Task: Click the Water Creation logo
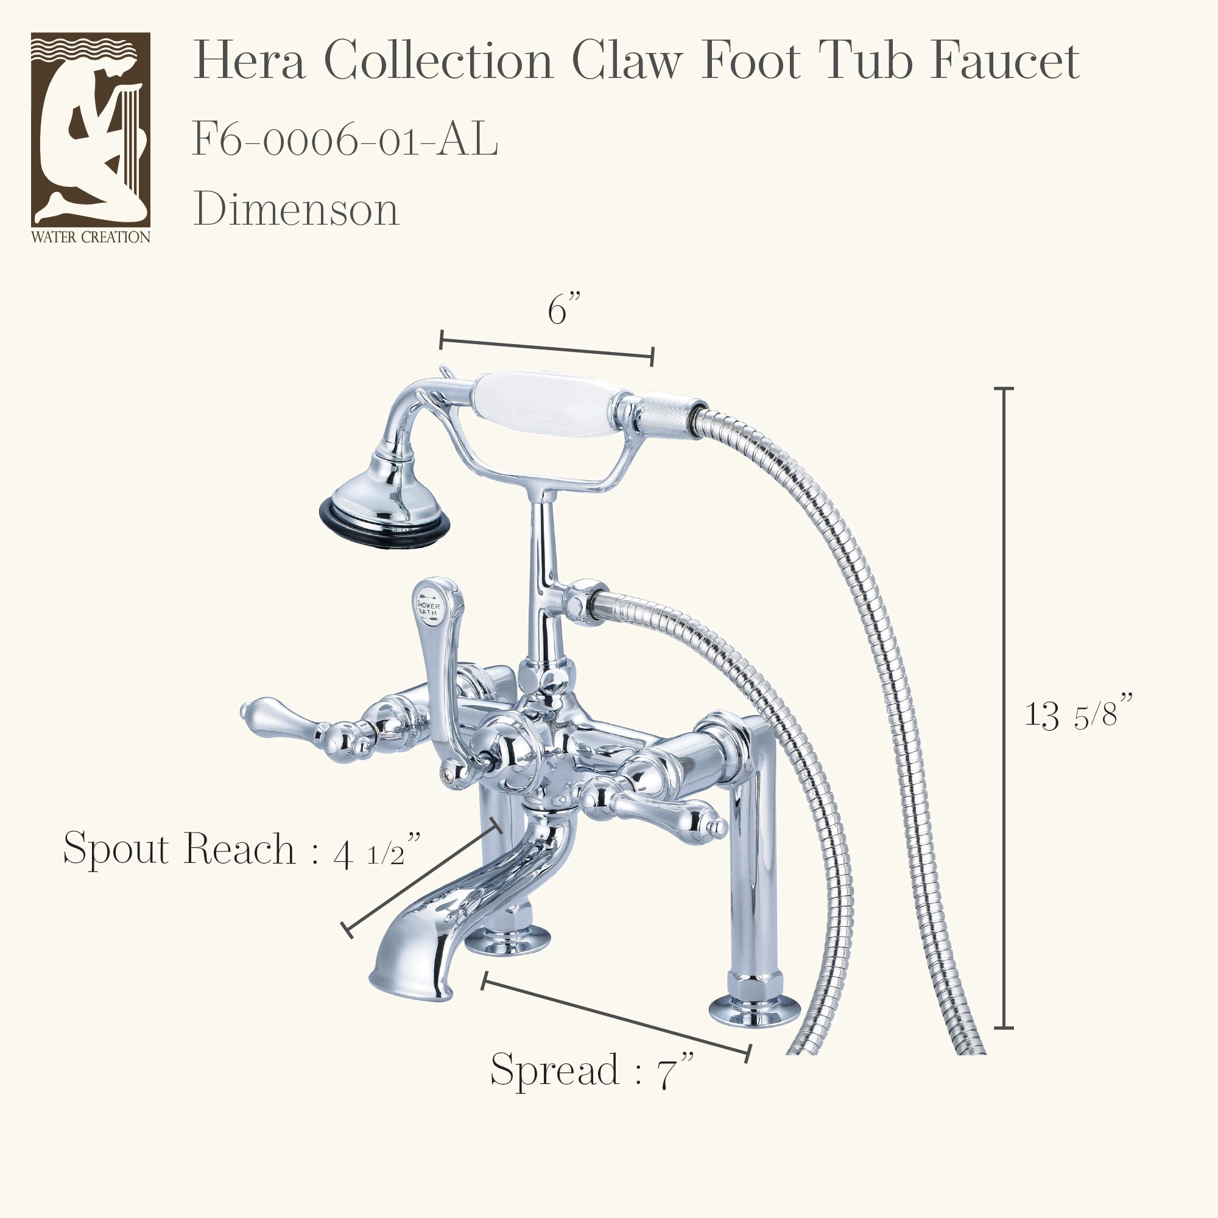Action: [x=91, y=138]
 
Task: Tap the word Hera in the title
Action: [x=250, y=60]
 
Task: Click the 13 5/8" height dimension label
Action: [x=1079, y=714]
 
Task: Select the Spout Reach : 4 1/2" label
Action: [x=242, y=848]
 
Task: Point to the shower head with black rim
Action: [x=384, y=498]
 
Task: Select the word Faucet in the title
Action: [x=1005, y=60]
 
